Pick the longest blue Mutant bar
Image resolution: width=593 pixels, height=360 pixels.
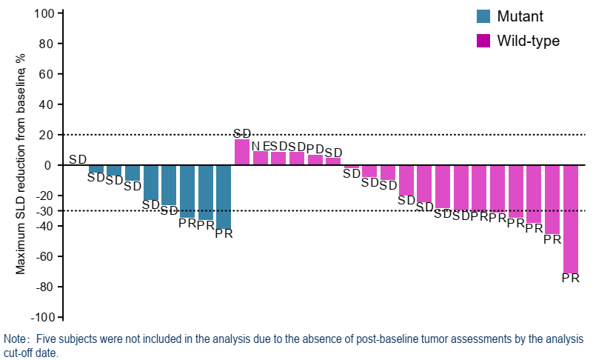click(224, 197)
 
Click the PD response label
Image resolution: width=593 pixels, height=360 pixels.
click(315, 149)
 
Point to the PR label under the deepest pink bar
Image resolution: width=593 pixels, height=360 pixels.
click(570, 279)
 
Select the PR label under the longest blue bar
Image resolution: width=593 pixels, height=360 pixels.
click(224, 234)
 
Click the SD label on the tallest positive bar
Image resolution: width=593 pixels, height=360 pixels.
click(242, 133)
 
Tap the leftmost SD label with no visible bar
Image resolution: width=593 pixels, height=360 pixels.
click(78, 159)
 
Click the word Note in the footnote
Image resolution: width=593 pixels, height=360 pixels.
click(14, 339)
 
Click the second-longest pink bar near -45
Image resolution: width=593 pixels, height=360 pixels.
click(552, 199)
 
